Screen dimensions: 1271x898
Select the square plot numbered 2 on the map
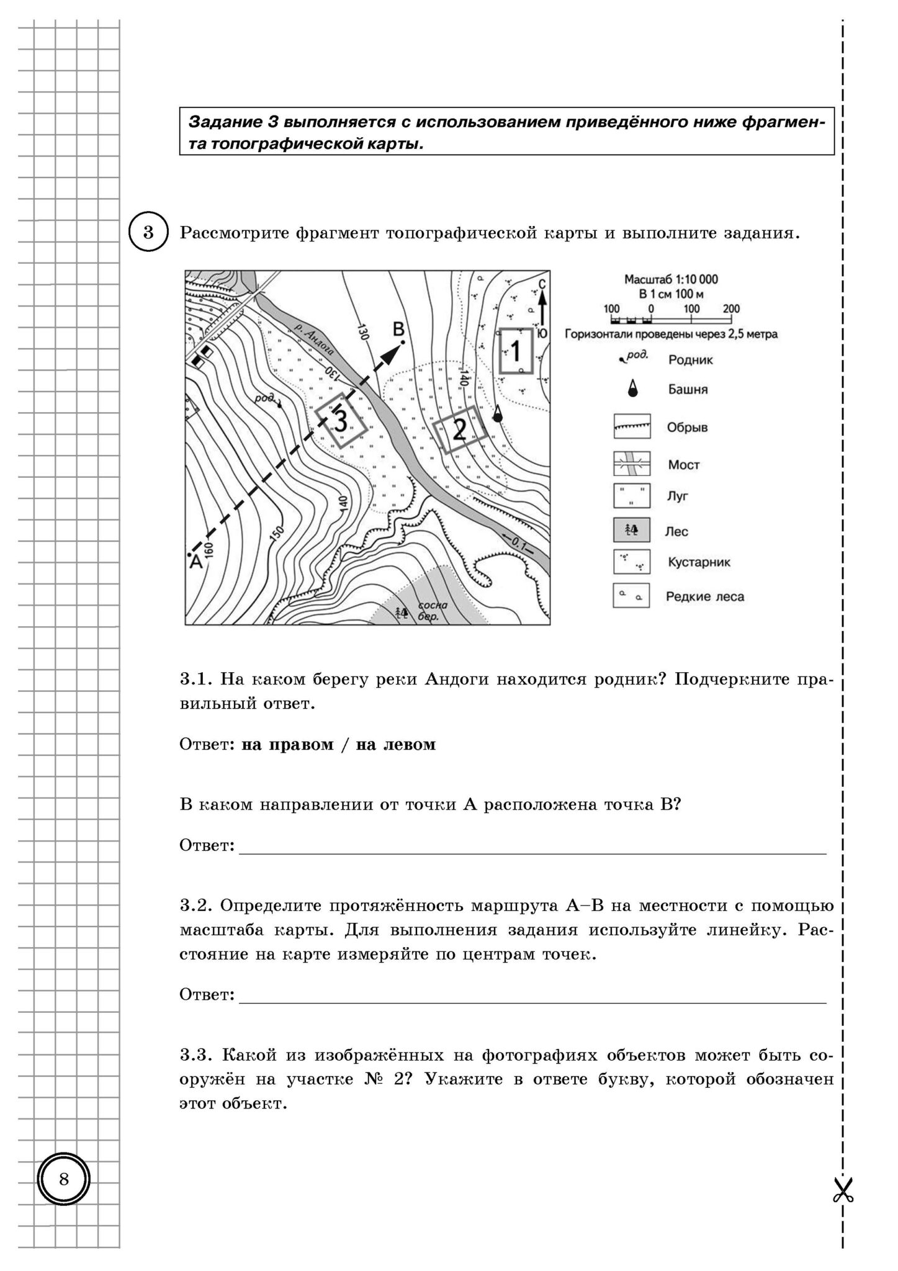coord(460,429)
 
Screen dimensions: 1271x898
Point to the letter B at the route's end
coord(399,328)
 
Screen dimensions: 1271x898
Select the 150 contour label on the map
coord(277,533)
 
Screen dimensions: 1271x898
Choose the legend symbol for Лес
coord(632,531)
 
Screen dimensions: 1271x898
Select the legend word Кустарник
coord(699,562)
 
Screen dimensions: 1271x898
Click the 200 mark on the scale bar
coord(731,309)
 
